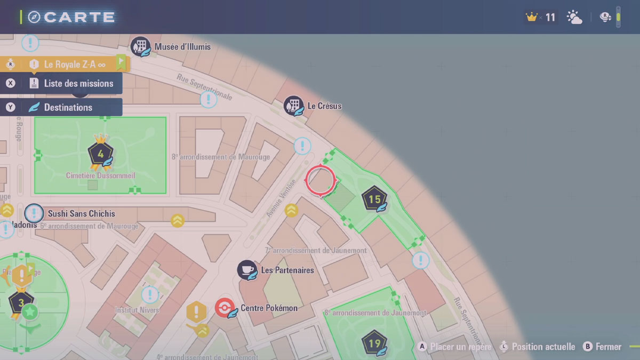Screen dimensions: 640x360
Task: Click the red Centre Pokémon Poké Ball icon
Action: point(225,308)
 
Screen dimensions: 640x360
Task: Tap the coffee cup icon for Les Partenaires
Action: point(247,270)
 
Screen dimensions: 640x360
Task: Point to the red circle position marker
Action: point(321,180)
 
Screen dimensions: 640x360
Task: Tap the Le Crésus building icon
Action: point(293,106)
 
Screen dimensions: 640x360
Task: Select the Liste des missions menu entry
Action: point(78,83)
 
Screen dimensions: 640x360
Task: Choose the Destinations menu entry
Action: point(68,107)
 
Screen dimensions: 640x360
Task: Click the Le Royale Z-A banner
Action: point(74,65)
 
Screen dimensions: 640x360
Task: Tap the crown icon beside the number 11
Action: point(531,17)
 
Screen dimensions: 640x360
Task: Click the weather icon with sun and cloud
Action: point(574,18)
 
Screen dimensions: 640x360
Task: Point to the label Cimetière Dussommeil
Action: point(100,175)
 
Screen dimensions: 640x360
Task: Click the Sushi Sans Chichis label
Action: point(81,214)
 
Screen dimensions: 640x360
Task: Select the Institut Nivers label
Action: point(137,310)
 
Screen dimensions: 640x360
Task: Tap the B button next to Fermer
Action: point(588,347)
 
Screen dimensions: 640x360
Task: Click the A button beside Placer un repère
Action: point(422,347)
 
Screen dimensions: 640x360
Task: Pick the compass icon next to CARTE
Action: point(35,17)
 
